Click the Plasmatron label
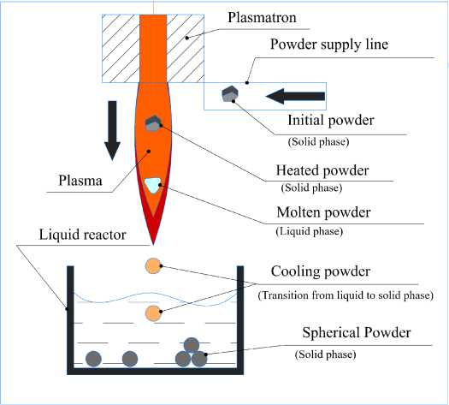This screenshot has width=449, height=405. tap(262, 18)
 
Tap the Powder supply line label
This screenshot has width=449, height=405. tap(329, 45)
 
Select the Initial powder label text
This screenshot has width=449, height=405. tap(331, 120)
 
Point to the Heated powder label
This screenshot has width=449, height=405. tap(322, 170)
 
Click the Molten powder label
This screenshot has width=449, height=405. tap(323, 212)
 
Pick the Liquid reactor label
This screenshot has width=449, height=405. tap(82, 235)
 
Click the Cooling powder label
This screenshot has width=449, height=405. tap(321, 271)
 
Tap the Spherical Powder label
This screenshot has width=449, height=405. tap(357, 333)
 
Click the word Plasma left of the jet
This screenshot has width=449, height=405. tap(80, 181)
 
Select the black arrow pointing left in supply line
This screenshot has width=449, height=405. tap(295, 96)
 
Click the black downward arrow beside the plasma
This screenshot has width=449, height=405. tap(112, 131)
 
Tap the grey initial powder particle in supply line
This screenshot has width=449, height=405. tap(230, 93)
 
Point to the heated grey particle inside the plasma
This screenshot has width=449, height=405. tap(153, 123)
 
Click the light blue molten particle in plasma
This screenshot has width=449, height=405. tap(152, 185)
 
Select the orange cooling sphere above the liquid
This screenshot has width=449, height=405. tap(153, 266)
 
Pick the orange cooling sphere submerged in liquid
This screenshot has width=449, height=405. tap(153, 313)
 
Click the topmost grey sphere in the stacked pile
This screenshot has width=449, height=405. tap(192, 345)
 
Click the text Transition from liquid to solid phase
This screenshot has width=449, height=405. tap(346, 295)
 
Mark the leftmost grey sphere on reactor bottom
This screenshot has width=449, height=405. tap(93, 359)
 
